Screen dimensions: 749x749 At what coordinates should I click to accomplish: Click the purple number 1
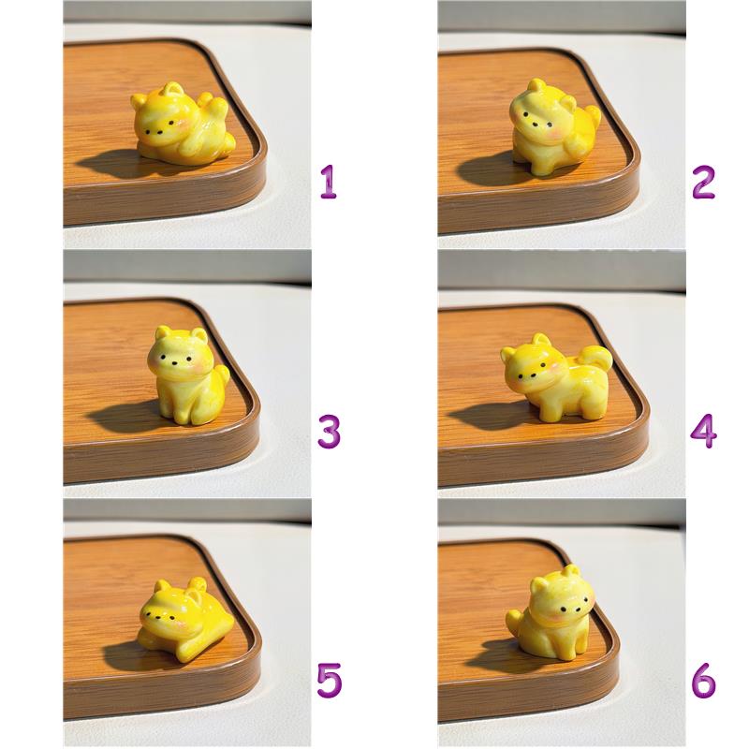[330, 182]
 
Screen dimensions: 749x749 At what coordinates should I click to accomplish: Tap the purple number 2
[703, 182]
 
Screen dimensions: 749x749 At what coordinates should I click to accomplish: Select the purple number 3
[330, 432]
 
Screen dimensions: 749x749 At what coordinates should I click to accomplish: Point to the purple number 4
[703, 431]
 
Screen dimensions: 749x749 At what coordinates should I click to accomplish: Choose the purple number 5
[330, 680]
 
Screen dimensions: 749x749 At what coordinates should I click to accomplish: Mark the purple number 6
[704, 680]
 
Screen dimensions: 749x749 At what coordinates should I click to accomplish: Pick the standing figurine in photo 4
[556, 377]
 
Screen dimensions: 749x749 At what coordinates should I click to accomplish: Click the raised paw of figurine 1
[218, 107]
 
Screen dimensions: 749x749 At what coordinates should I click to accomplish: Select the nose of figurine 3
[174, 363]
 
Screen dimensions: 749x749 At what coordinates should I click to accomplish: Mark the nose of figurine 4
[532, 376]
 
